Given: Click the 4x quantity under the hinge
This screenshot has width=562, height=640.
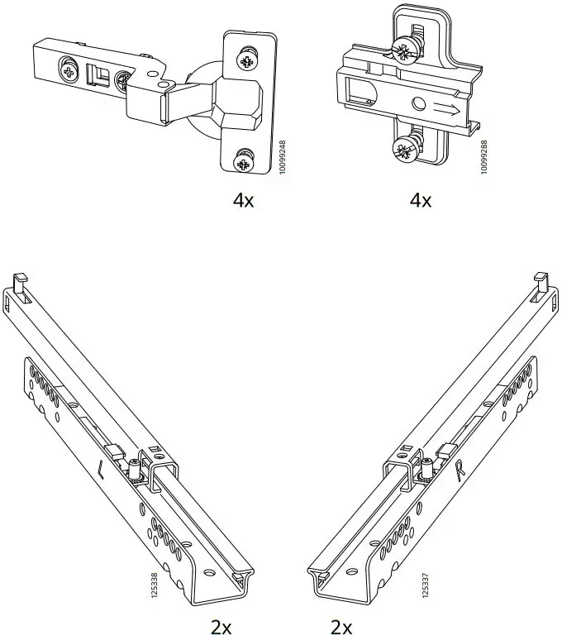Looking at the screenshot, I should [243, 201].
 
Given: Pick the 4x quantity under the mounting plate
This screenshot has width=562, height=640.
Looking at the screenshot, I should [420, 201].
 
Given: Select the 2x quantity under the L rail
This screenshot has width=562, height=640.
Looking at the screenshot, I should [221, 627].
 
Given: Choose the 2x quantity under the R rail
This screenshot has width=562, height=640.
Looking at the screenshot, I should [341, 627].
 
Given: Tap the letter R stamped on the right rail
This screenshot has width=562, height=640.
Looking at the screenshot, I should [461, 472].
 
